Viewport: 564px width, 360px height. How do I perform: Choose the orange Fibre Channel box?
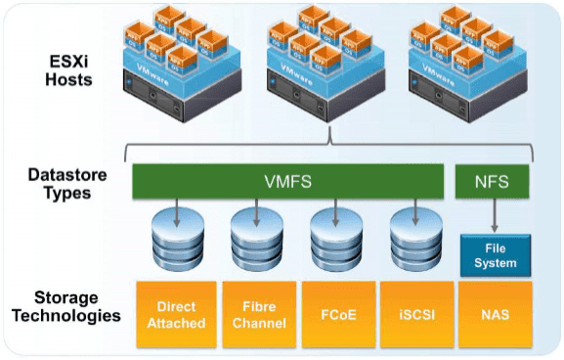tap(258, 315)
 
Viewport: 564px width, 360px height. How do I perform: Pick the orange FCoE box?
tap(337, 315)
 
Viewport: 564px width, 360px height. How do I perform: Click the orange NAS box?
tap(495, 315)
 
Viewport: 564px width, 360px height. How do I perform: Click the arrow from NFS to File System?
tap(495, 215)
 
